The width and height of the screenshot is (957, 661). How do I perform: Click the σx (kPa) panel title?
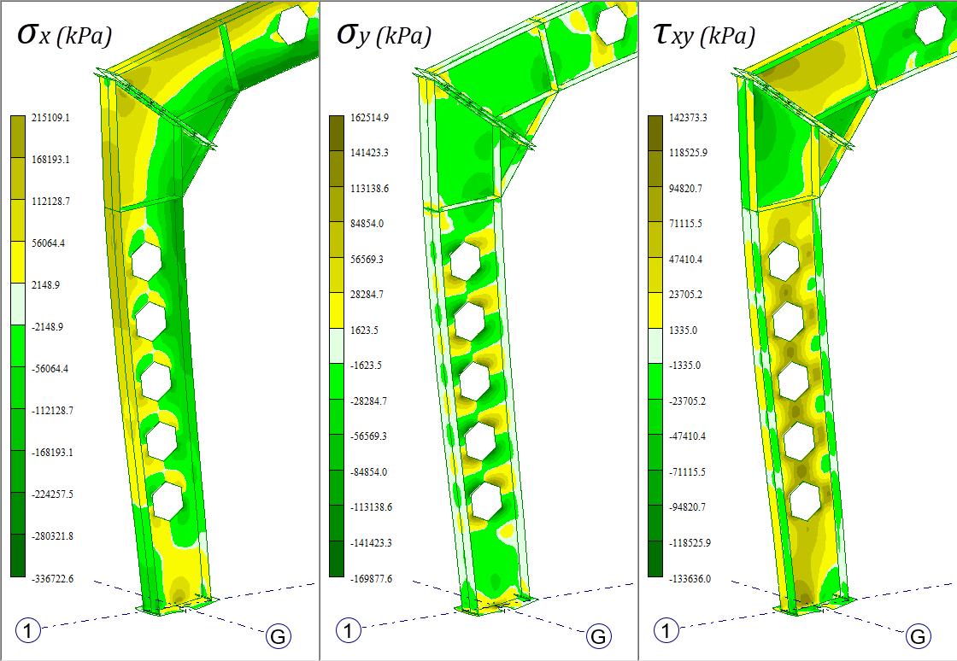(x=65, y=35)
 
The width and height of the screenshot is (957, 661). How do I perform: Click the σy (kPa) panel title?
(x=384, y=35)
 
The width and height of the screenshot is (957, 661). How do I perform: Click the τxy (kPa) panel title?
(x=704, y=35)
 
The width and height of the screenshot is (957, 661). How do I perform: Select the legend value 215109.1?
(x=50, y=118)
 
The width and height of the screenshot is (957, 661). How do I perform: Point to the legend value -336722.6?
(x=52, y=578)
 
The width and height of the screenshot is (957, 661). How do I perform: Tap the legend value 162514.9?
(x=369, y=118)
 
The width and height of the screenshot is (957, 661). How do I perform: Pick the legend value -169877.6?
(x=371, y=578)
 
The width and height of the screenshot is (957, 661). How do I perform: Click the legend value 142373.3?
(x=688, y=118)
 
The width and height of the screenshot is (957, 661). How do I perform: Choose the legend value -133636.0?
(x=690, y=578)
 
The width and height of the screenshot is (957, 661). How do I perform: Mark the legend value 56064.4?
(x=48, y=243)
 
